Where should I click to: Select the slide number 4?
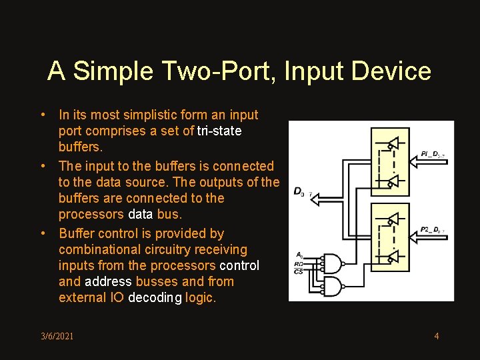[437, 335]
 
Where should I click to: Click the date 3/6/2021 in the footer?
[57, 336]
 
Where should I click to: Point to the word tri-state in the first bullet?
[219, 131]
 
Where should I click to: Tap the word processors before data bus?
[91, 214]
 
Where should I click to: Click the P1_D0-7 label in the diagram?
[433, 155]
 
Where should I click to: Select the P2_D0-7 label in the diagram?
[433, 230]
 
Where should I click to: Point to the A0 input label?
[300, 254]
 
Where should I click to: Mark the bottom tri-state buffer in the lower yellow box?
[393, 257]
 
